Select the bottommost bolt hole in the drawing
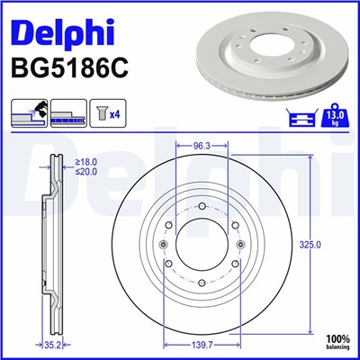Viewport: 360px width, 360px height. [202, 287]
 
